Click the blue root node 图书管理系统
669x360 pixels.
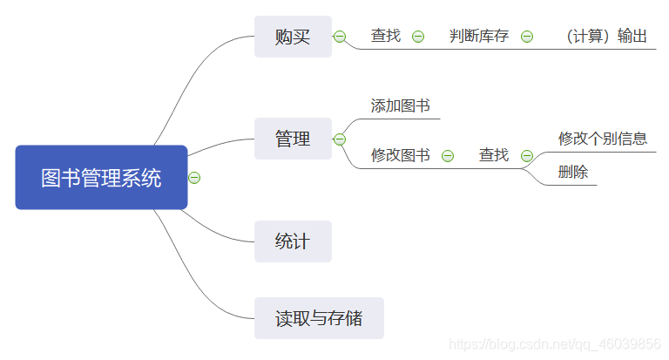click(x=101, y=178)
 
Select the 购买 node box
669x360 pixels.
click(x=293, y=37)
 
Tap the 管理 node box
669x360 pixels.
click(x=293, y=139)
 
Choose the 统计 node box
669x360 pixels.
click(x=293, y=241)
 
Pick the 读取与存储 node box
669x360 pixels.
click(x=319, y=318)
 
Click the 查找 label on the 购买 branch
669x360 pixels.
click(x=386, y=36)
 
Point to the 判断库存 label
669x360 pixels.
click(x=479, y=36)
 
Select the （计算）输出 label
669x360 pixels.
click(x=606, y=36)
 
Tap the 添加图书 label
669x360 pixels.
click(x=400, y=106)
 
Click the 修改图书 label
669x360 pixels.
click(x=400, y=155)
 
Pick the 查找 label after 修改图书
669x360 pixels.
click(x=494, y=155)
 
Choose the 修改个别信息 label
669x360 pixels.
click(x=603, y=139)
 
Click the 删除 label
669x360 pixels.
click(x=573, y=172)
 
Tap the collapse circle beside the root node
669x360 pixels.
click(x=195, y=178)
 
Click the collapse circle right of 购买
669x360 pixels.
click(x=340, y=37)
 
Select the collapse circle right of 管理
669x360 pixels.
click(x=340, y=139)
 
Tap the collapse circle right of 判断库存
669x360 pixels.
click(x=527, y=37)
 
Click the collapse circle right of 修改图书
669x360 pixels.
click(x=448, y=156)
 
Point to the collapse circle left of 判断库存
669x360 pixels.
click(x=418, y=37)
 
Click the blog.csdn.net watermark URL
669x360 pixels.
click(x=554, y=343)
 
